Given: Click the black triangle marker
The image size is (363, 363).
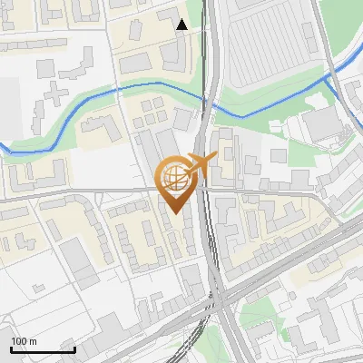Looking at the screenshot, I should (x=182, y=25).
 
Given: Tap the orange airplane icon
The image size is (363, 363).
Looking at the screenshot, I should (x=200, y=164).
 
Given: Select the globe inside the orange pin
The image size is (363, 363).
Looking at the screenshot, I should (x=174, y=178).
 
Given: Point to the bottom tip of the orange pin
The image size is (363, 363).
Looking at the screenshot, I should (x=174, y=212).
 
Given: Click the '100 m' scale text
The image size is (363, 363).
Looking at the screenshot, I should (x=24, y=341).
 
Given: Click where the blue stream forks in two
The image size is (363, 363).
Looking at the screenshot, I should (x=328, y=80).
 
